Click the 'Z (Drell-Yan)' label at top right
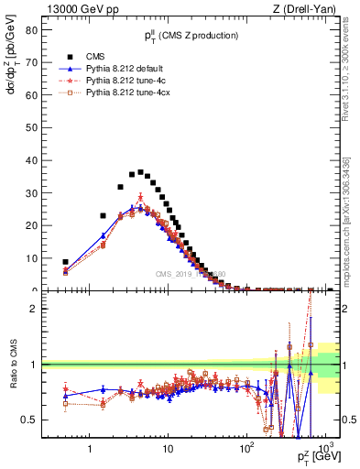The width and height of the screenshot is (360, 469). click(308, 8)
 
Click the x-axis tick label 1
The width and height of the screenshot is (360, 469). click(90, 450)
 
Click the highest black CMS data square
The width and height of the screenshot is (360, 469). click(140, 172)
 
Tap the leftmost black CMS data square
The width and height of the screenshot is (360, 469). click(65, 262)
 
